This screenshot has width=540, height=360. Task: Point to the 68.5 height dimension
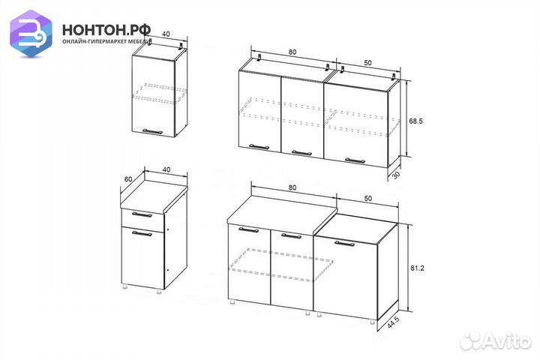pos(417,120)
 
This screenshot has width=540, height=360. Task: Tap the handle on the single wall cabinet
pos(152,131)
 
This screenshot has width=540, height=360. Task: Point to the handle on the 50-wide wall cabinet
pos(353,159)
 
